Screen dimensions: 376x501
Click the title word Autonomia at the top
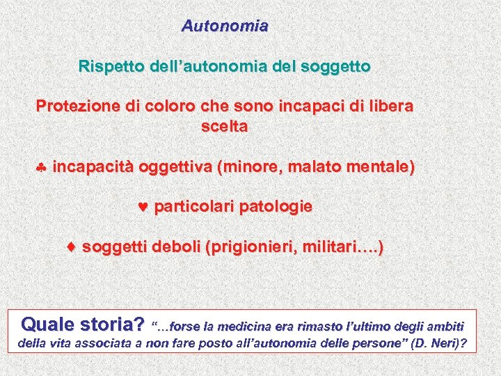[x=225, y=26]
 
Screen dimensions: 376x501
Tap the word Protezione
[x=79, y=107]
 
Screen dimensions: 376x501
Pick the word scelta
[x=224, y=127]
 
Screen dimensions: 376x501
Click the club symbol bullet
[x=42, y=168]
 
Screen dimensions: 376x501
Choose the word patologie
[x=276, y=207]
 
